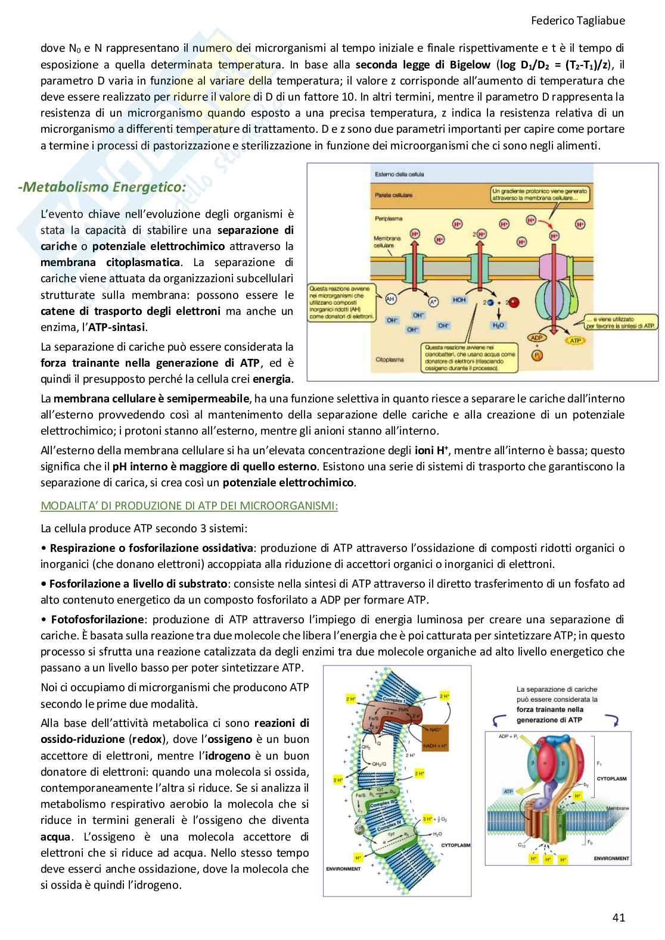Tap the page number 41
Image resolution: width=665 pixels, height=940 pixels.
pyautogui.click(x=618, y=917)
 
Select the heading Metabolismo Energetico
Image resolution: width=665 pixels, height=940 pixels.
pyautogui.click(x=101, y=187)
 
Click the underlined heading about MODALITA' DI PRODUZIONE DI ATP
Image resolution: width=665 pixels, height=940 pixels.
pyautogui.click(x=189, y=506)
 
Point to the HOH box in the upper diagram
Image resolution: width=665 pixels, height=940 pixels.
pyautogui.click(x=459, y=300)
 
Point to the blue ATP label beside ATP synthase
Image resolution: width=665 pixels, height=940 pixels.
pyautogui.click(x=508, y=792)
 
